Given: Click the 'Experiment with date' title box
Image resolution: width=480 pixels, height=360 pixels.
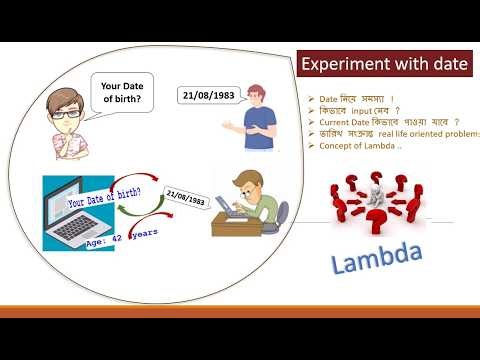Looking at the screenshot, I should (383, 65).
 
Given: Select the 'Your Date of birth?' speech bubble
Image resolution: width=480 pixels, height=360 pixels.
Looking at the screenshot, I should (124, 92).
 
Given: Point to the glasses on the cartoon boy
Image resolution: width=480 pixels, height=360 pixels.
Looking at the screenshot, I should (60, 113).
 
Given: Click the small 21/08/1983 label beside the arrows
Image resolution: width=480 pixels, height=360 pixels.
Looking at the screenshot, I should (185, 199).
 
